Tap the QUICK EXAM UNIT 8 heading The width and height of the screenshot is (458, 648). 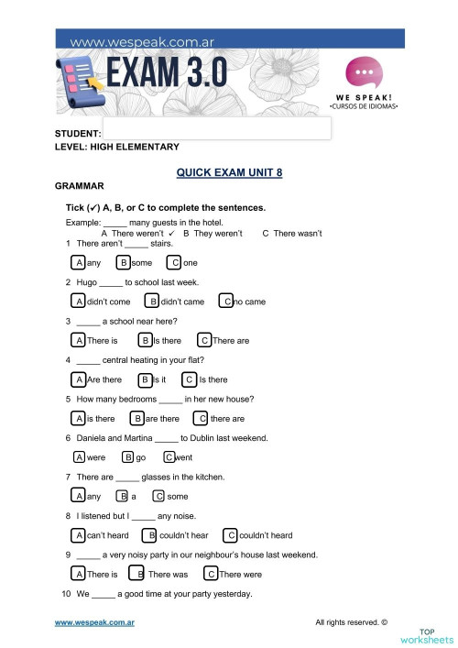click(228, 171)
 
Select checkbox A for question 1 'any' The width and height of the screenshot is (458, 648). click(80, 263)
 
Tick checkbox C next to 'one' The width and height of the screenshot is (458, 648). click(175, 263)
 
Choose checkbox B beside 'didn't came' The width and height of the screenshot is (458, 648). click(154, 302)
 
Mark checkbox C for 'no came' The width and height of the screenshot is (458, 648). click(226, 302)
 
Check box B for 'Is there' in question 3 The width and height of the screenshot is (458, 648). click(145, 341)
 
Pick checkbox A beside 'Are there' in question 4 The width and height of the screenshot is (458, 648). click(80, 379)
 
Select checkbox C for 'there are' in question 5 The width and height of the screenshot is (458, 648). click(201, 419)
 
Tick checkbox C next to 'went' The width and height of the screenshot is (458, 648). click(169, 457)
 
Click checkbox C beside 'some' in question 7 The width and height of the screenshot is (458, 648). click(158, 496)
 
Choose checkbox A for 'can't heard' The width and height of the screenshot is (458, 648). click(80, 535)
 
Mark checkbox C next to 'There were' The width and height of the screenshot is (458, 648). click(211, 575)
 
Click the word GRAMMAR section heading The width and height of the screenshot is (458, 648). click(80, 186)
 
